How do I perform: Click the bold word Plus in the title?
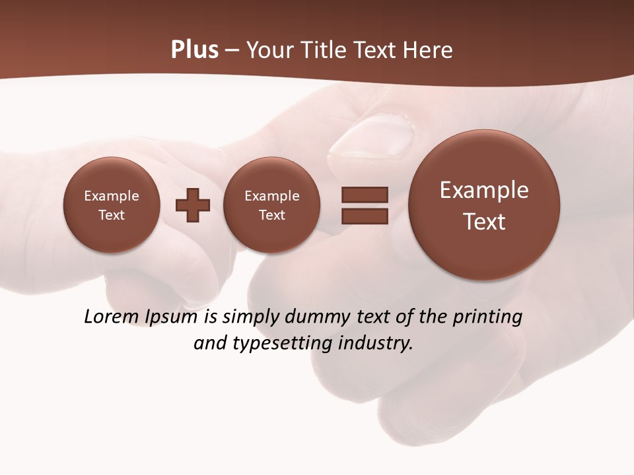point(194,50)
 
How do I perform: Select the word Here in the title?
point(429,50)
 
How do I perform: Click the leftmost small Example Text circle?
point(111,205)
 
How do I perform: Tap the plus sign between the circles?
point(193,205)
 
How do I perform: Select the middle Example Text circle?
point(271,205)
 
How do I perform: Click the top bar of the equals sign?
point(365,195)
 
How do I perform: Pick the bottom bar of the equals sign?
point(365,216)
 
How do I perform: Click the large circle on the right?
point(484,205)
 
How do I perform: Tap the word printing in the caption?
point(487,317)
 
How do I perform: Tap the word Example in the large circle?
point(484,190)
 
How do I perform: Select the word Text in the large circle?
point(484,222)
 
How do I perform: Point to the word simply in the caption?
point(252,317)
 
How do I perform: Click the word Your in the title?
point(270,50)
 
